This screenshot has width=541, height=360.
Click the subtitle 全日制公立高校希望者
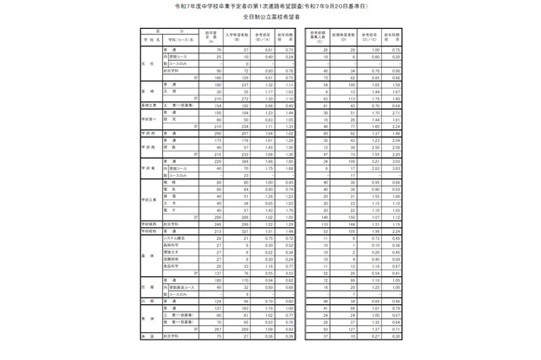270,27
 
